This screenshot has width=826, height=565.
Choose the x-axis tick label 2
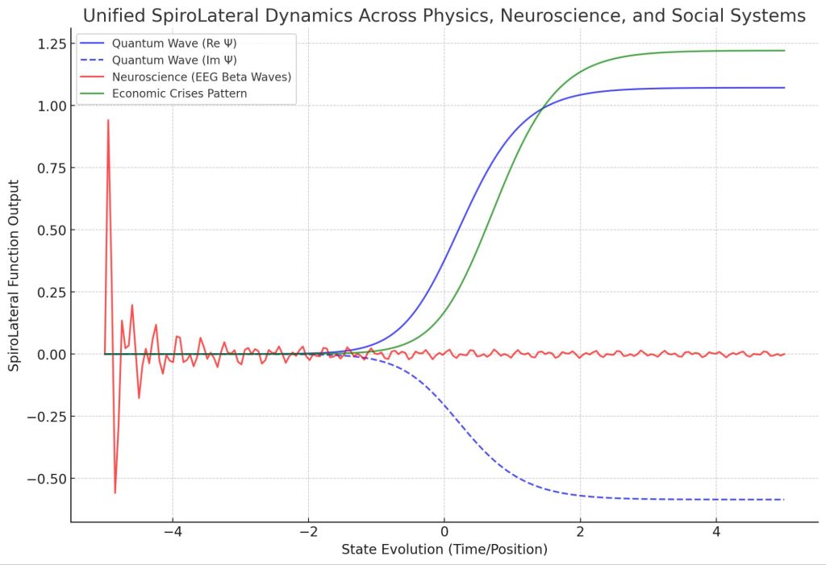pyautogui.click(x=580, y=532)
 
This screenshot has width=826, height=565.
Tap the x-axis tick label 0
pyautogui.click(x=444, y=532)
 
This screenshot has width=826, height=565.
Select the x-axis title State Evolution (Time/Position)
pyautogui.click(x=444, y=550)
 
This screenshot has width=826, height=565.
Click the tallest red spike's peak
pyautogui.click(x=108, y=120)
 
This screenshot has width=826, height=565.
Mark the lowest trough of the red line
pyautogui.click(x=115, y=492)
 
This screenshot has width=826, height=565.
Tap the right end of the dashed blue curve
pyautogui.click(x=783, y=500)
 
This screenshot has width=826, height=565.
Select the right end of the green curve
pyautogui.click(x=783, y=51)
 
